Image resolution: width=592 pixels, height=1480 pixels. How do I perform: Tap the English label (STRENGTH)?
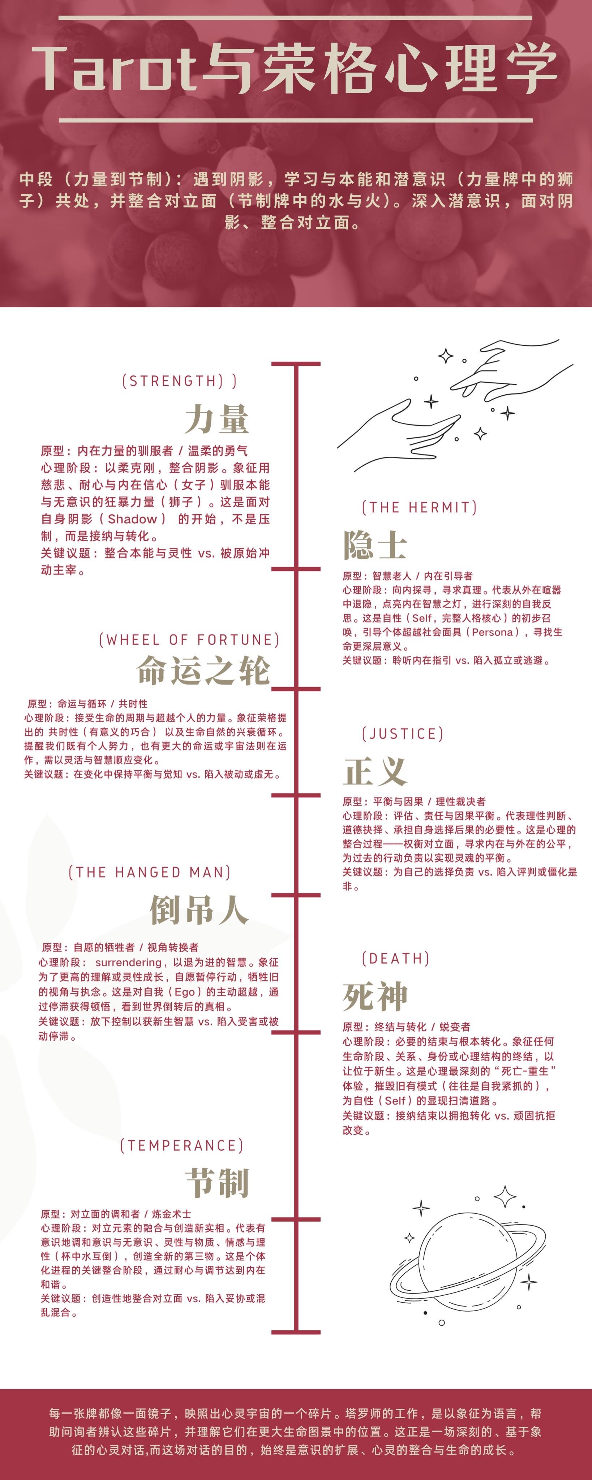pyautogui.click(x=179, y=381)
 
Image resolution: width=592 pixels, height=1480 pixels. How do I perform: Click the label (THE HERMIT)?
pyautogui.click(x=419, y=507)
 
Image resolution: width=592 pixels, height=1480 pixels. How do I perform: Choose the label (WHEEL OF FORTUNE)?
pyautogui.click(x=189, y=640)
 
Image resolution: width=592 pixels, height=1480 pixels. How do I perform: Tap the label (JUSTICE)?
pyautogui.click(x=402, y=734)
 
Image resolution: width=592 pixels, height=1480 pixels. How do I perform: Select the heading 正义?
pyautogui.click(x=375, y=771)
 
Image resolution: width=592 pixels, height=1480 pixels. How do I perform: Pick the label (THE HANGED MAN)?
pyautogui.click(x=149, y=872)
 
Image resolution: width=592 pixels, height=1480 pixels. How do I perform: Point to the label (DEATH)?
pyautogui.click(x=395, y=958)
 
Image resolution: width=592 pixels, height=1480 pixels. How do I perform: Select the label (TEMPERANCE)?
pyautogui.click(x=182, y=1145)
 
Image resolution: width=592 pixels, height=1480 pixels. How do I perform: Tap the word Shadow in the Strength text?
pyautogui.click(x=132, y=519)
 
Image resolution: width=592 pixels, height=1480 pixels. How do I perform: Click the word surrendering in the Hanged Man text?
pyautogui.click(x=128, y=962)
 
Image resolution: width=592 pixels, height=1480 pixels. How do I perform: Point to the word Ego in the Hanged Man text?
pyautogui.click(x=184, y=991)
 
